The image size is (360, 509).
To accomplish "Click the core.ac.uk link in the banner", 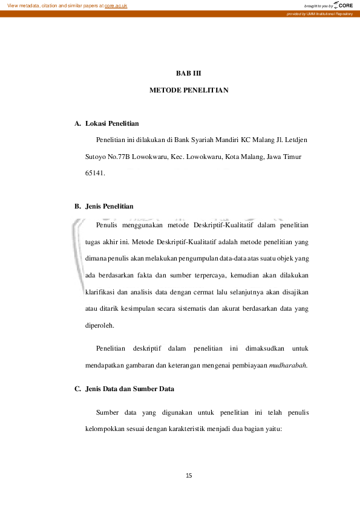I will pyautogui.click(x=116, y=5).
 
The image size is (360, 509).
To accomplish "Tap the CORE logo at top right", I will pyautogui.click(x=342, y=5).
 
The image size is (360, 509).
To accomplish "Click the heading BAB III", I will pyautogui.click(x=188, y=73).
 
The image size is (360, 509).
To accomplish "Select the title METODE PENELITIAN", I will pyautogui.click(x=188, y=90).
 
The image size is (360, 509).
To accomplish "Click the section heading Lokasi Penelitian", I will pyautogui.click(x=113, y=124).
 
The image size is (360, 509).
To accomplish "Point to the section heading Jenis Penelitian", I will pyautogui.click(x=110, y=206).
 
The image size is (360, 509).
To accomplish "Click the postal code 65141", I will pyautogui.click(x=95, y=173).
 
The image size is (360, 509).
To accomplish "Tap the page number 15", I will pyautogui.click(x=189, y=476).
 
